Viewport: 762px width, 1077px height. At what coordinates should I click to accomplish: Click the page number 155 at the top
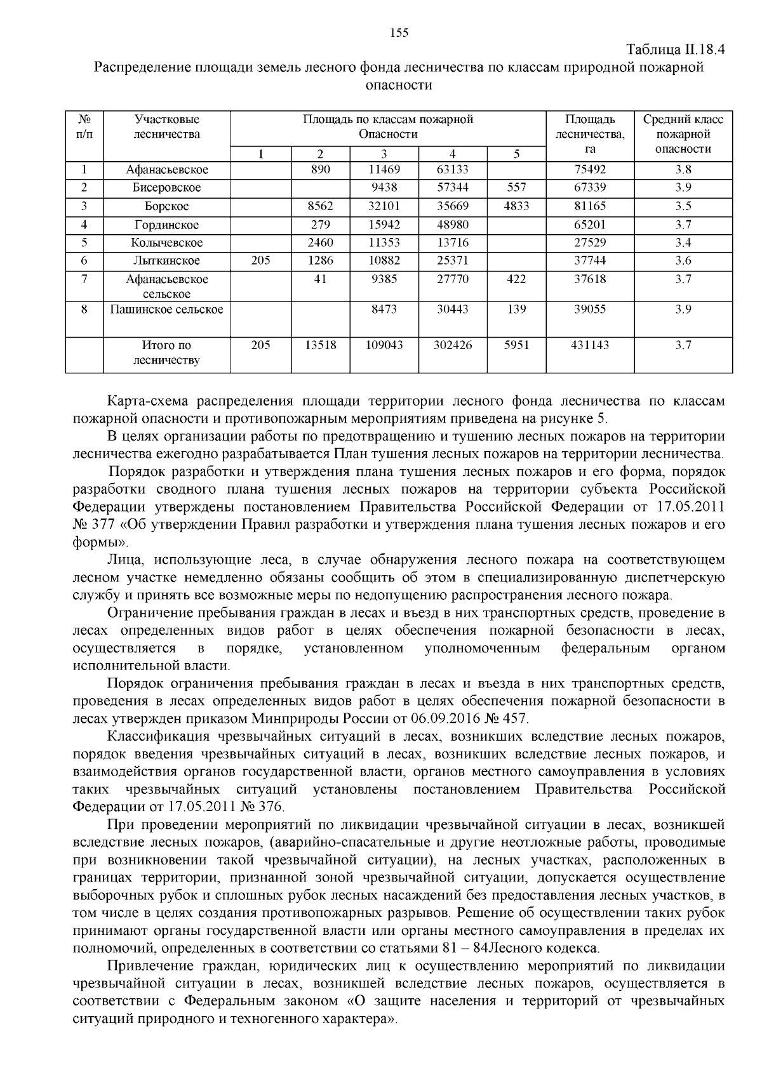(x=399, y=33)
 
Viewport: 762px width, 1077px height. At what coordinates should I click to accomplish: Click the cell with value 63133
(x=452, y=169)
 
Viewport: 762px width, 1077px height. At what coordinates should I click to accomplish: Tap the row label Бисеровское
(x=166, y=188)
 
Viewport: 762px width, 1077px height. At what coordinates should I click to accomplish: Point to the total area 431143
(x=590, y=345)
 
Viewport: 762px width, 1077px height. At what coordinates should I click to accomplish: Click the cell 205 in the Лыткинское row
(x=260, y=261)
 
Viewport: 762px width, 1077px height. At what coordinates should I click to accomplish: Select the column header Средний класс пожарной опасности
(x=683, y=134)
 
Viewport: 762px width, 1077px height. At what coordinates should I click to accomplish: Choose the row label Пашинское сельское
(x=166, y=310)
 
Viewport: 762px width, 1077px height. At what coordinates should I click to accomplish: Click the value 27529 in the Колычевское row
(x=590, y=243)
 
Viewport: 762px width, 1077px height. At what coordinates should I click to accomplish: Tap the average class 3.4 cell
(x=683, y=243)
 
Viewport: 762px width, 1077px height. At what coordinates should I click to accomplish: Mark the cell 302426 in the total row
(x=452, y=345)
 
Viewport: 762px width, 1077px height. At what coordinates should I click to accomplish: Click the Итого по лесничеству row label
(x=166, y=353)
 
